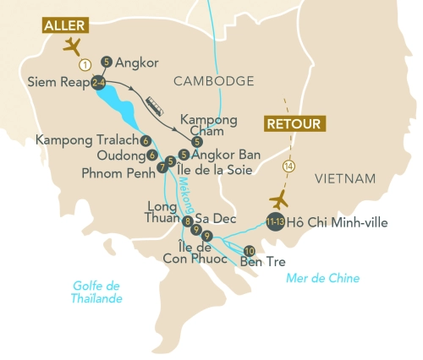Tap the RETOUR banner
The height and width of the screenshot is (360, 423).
pos(294,124)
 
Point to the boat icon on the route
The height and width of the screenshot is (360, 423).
pos(156,105)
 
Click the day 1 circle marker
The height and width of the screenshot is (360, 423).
pos(85,63)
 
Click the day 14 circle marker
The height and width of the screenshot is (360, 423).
pos(290,166)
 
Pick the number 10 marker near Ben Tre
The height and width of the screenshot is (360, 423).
pos(249,251)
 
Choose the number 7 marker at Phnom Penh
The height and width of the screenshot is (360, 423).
pos(162,167)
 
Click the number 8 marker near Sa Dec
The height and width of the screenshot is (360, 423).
pos(187,221)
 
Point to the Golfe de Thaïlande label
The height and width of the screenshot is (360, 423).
pos(96,293)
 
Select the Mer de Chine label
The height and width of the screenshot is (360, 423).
pos(322,278)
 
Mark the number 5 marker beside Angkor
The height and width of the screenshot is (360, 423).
pos(106,61)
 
